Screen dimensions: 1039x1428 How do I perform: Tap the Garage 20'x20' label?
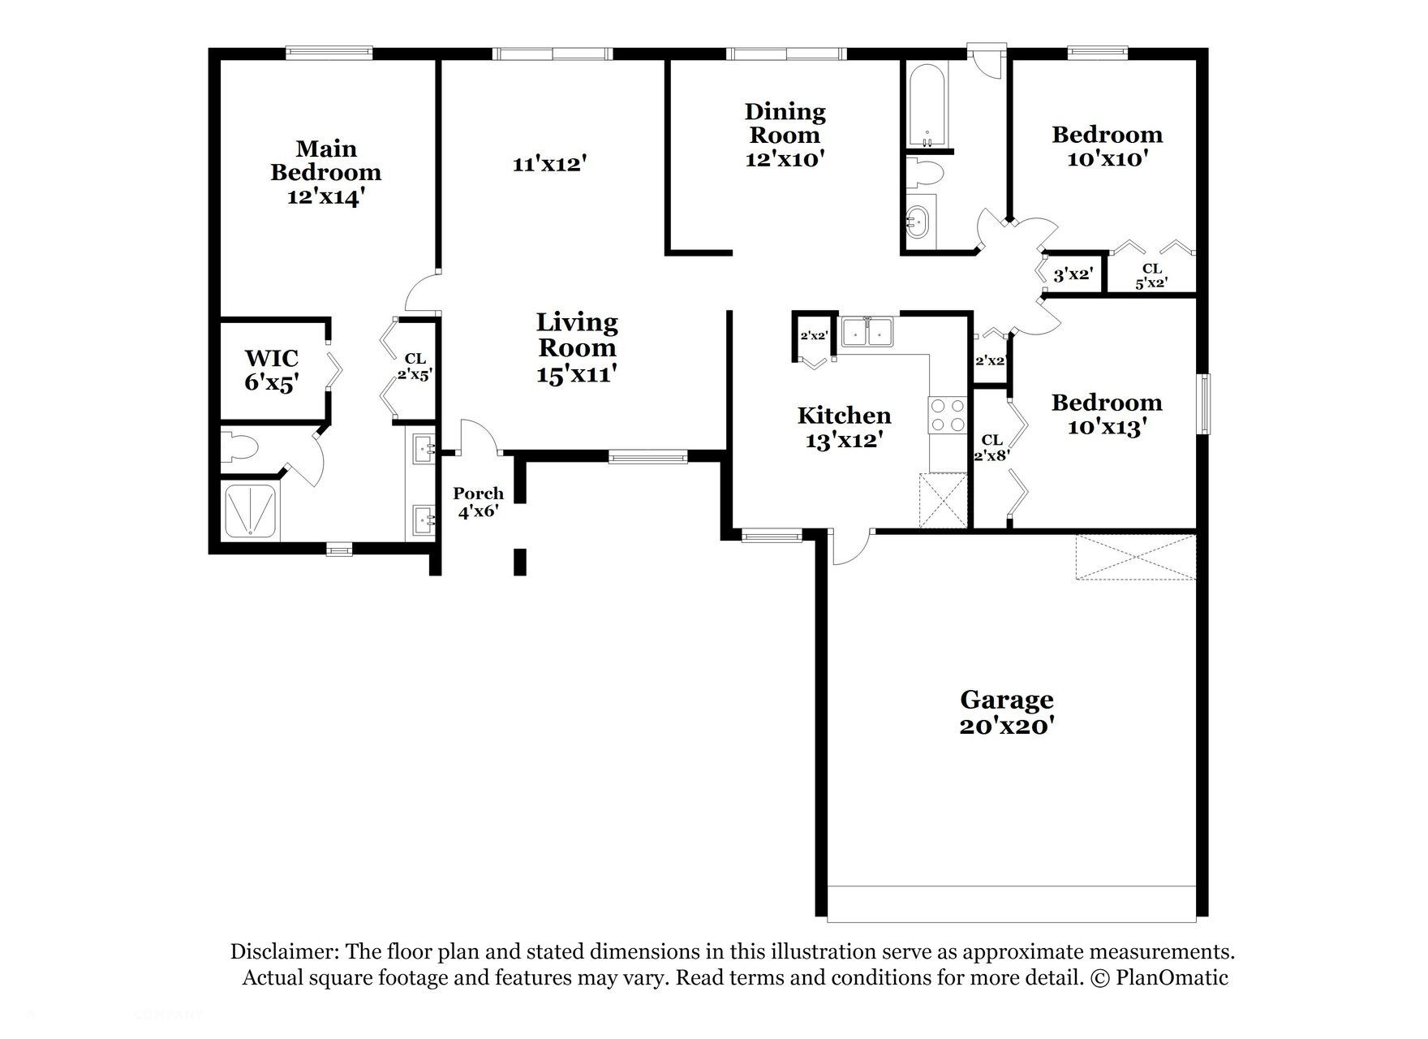click(x=1007, y=711)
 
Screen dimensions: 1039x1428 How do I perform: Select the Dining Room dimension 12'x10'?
click(x=785, y=159)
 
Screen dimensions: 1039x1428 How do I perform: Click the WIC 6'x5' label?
click(x=272, y=370)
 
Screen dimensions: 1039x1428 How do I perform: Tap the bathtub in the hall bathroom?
click(x=925, y=106)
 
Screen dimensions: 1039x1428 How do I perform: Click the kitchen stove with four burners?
click(x=947, y=415)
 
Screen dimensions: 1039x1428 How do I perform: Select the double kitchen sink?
click(x=867, y=333)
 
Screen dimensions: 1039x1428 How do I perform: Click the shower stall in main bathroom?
click(x=249, y=511)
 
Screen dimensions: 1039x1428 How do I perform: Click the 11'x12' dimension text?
click(x=549, y=164)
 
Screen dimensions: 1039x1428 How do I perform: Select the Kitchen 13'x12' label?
click(x=844, y=428)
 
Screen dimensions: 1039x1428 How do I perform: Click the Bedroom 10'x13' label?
click(x=1106, y=415)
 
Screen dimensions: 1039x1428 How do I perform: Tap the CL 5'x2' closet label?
click(x=1151, y=276)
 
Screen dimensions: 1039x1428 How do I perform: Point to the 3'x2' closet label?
click(x=1073, y=275)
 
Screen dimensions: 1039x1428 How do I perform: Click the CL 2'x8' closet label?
click(x=991, y=448)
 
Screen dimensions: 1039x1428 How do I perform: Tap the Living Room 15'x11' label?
click(x=577, y=347)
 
